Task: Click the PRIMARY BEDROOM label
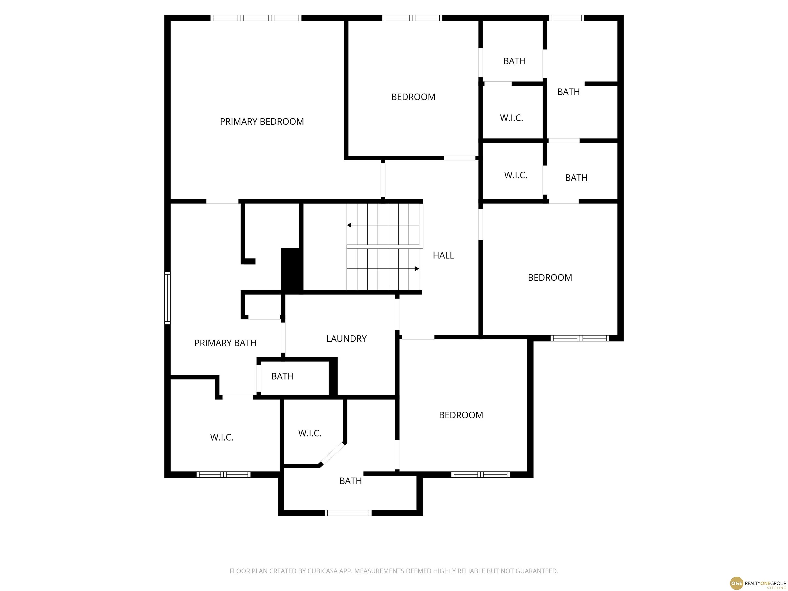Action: pyautogui.click(x=262, y=122)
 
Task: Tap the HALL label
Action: pyautogui.click(x=443, y=255)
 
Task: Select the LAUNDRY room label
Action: pyautogui.click(x=346, y=339)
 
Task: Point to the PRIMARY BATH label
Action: pyautogui.click(x=225, y=343)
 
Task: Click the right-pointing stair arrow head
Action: pyautogui.click(x=417, y=269)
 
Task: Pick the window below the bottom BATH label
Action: pyautogui.click(x=348, y=513)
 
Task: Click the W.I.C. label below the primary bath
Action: pyautogui.click(x=222, y=437)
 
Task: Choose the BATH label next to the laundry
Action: pyautogui.click(x=282, y=377)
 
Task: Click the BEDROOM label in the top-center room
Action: pyautogui.click(x=413, y=97)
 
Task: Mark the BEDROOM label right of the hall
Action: pyautogui.click(x=550, y=278)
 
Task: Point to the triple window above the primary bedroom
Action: pyautogui.click(x=256, y=18)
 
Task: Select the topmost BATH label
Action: pyautogui.click(x=514, y=61)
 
